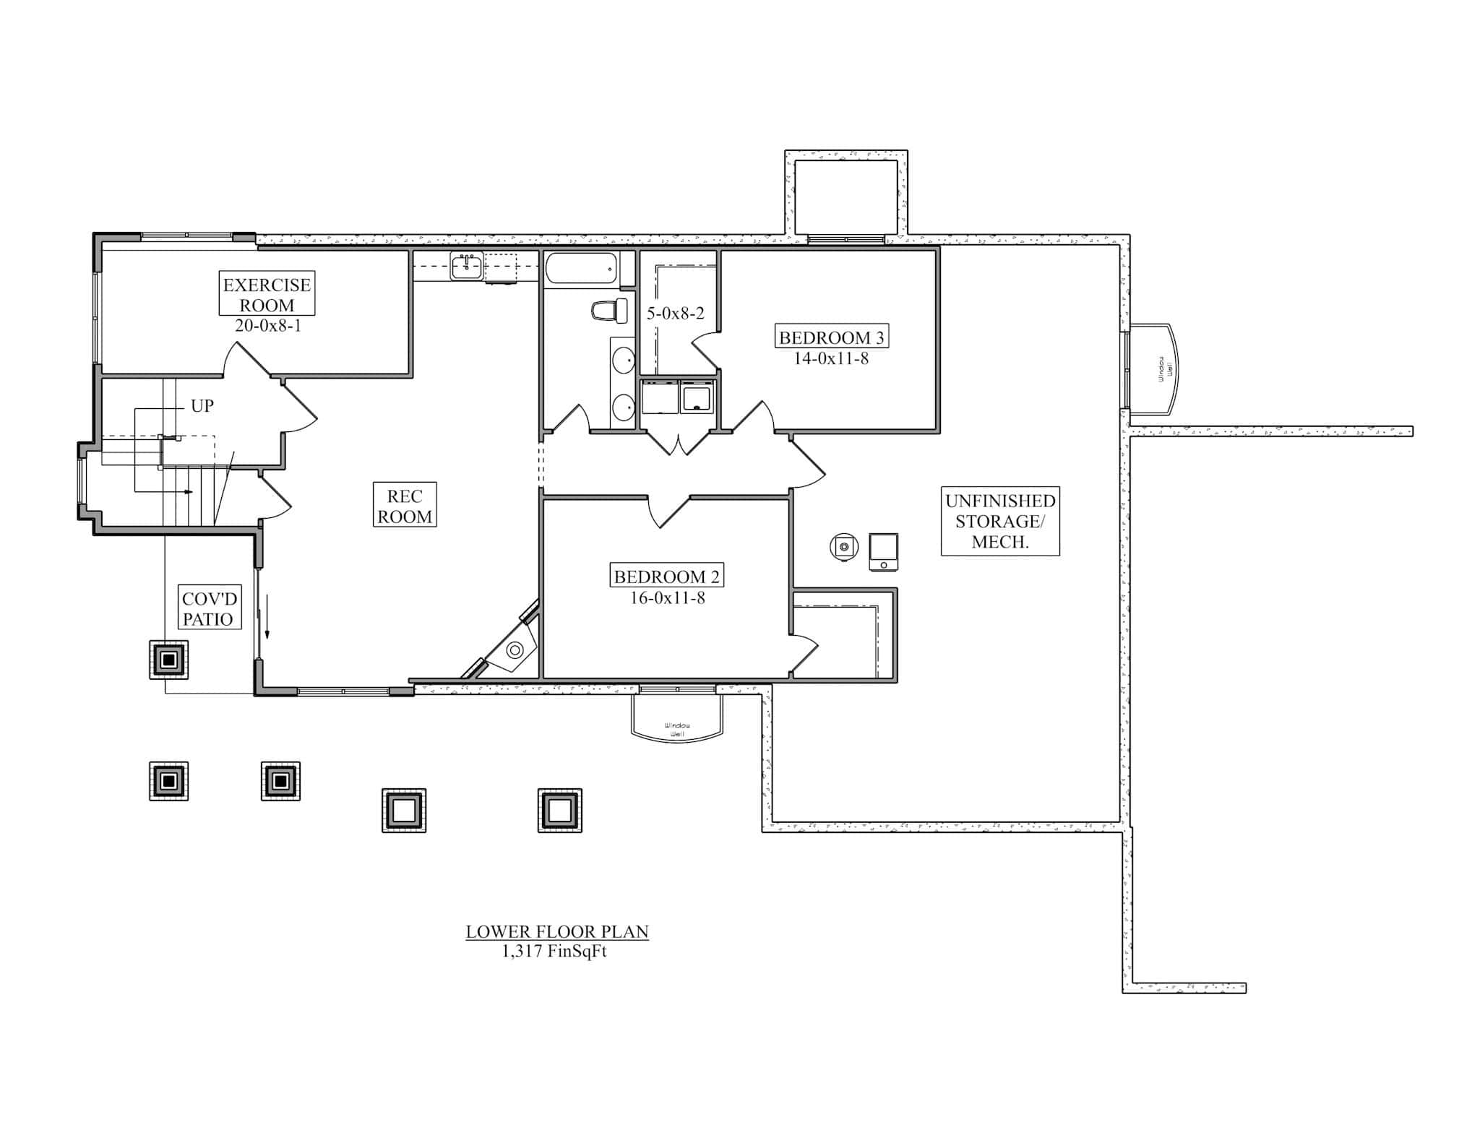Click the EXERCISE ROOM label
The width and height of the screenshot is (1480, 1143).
[267, 295]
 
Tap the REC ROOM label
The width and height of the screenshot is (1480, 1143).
[405, 506]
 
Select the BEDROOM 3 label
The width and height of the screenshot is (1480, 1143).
[831, 337]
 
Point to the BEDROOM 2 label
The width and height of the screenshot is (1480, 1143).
[666, 577]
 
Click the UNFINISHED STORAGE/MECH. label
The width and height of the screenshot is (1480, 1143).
[1000, 521]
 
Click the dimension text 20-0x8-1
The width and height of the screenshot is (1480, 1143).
[267, 326]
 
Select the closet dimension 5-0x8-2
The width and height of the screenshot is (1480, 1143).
[675, 314]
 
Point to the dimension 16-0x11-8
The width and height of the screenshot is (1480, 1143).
[667, 598]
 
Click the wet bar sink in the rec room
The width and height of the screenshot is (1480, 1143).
[467, 266]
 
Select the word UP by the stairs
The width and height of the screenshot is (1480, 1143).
[202, 406]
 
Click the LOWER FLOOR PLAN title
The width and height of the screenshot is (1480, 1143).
[556, 932]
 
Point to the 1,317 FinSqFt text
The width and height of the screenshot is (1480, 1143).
[554, 952]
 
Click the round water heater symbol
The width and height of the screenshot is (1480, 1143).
[843, 547]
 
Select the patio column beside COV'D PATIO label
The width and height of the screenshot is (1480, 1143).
[169, 660]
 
